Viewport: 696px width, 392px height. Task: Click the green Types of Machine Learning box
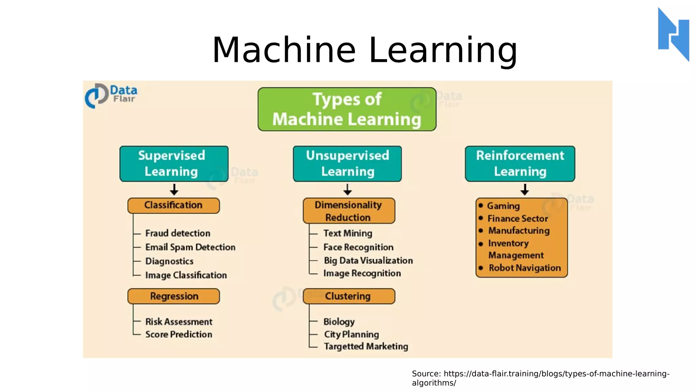point(347,109)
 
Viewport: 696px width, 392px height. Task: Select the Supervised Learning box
point(174,164)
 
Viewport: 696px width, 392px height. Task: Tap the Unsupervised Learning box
point(347,164)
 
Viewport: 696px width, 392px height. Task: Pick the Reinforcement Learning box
point(520,164)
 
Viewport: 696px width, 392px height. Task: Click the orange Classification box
point(173,206)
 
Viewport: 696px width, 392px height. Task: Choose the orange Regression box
point(173,296)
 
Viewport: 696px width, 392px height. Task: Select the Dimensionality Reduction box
point(349,211)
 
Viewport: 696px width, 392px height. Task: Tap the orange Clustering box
point(349,296)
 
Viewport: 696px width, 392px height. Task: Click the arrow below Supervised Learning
point(174,190)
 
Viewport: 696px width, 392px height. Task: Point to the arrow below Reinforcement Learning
point(524,190)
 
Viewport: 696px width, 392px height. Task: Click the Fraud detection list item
point(178,233)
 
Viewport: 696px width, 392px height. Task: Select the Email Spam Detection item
point(190,247)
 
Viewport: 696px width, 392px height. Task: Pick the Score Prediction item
point(179,334)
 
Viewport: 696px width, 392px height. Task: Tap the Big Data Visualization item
point(368,261)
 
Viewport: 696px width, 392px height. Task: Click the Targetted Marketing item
point(366,346)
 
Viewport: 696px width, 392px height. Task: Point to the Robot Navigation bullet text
point(525,268)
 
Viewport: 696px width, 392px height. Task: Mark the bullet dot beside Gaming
point(481,205)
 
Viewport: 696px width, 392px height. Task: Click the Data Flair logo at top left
point(111,95)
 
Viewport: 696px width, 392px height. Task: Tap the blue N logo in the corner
point(674,34)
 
